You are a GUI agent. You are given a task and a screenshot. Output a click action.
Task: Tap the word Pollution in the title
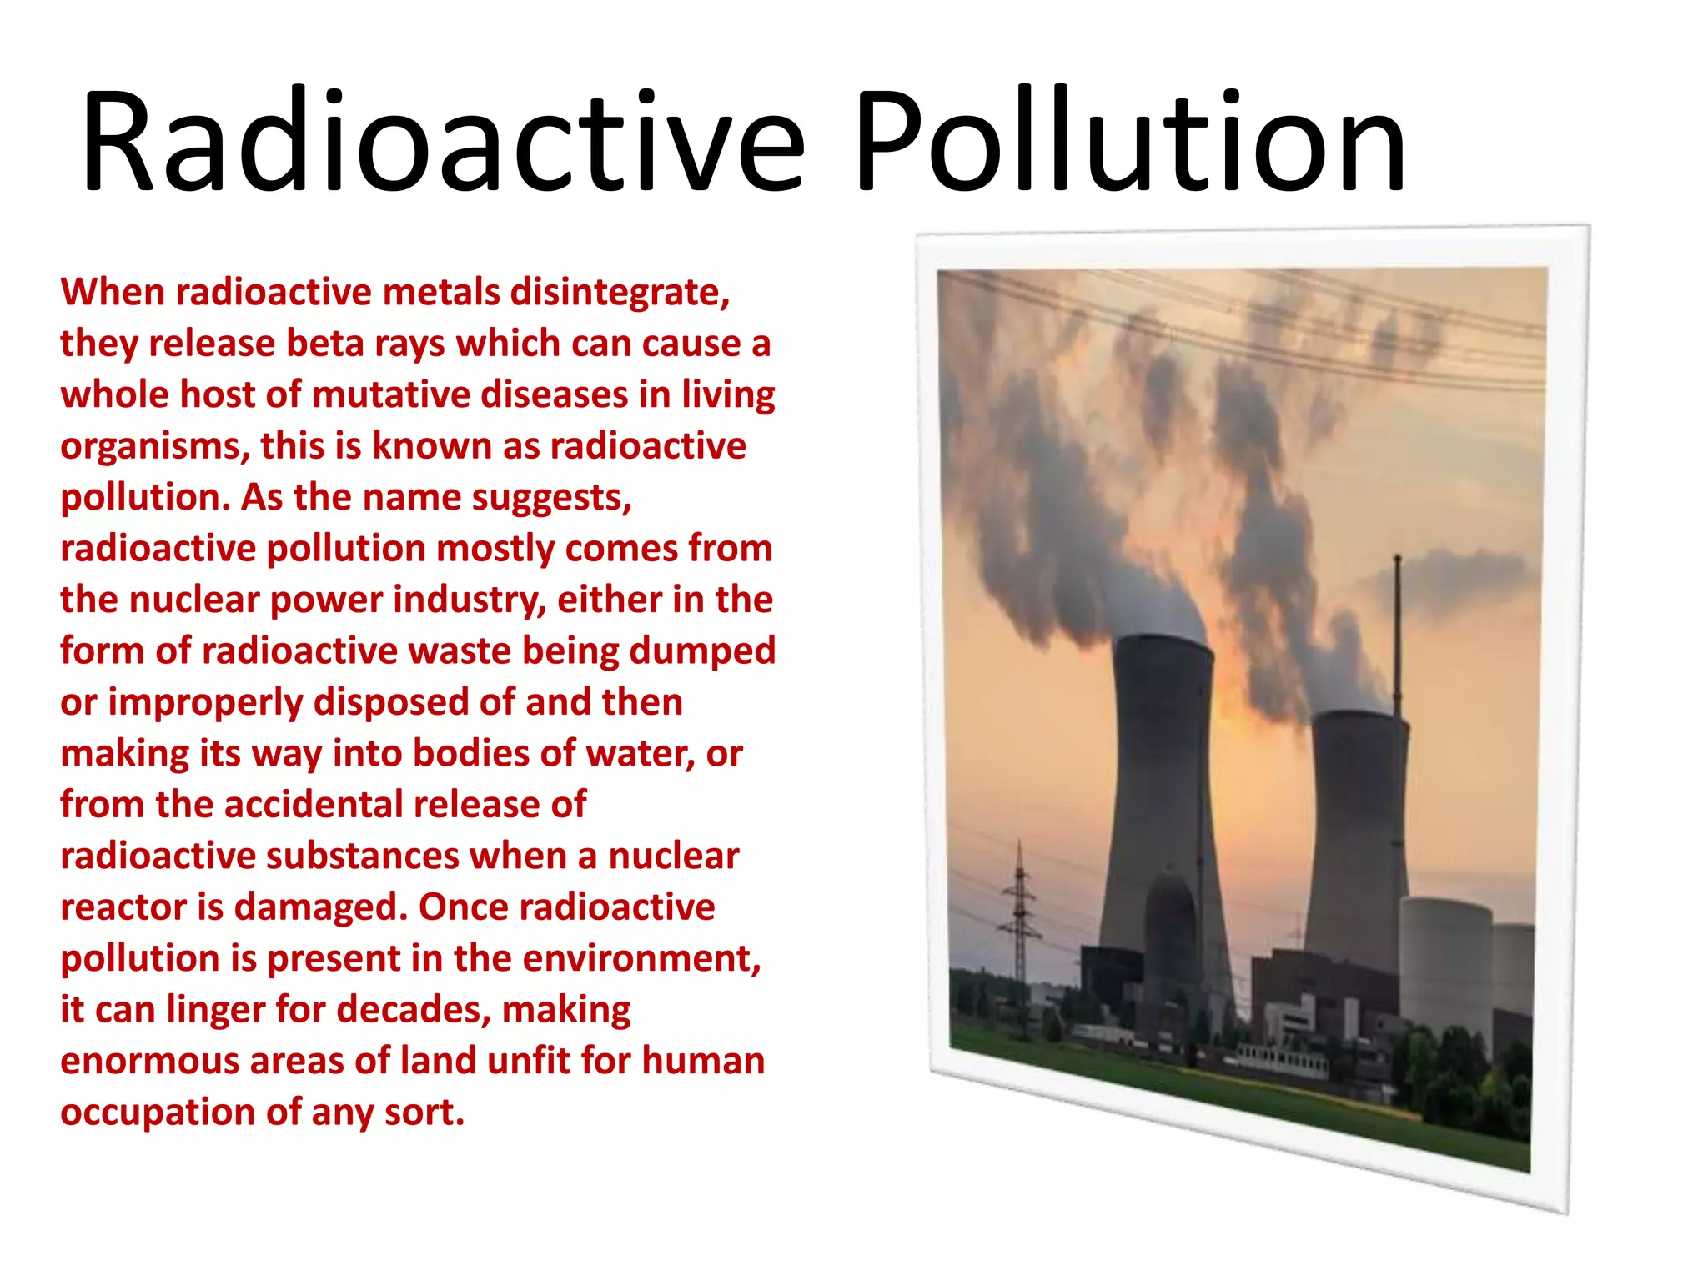(1130, 142)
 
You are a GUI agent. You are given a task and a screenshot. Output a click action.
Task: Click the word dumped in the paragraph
(701, 651)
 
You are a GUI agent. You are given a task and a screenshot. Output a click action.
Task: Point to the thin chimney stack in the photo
(1398, 634)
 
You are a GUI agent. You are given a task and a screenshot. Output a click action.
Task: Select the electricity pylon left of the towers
(1019, 917)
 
